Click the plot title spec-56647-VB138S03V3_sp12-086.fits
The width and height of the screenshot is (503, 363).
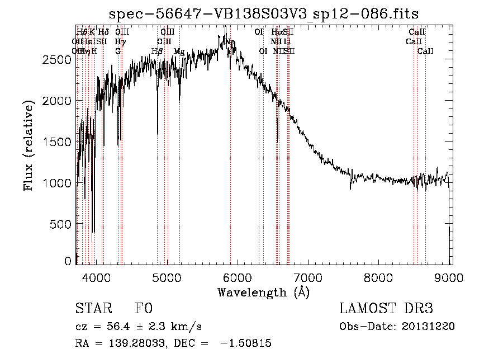point(263,13)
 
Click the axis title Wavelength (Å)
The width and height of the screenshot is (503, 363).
point(263,291)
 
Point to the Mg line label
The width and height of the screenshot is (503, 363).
point(179,51)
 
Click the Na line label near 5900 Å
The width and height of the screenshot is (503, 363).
point(230,42)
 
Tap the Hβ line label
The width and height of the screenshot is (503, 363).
point(157,51)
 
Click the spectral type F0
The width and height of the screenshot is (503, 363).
point(144,309)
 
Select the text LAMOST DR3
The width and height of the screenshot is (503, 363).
point(386,309)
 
